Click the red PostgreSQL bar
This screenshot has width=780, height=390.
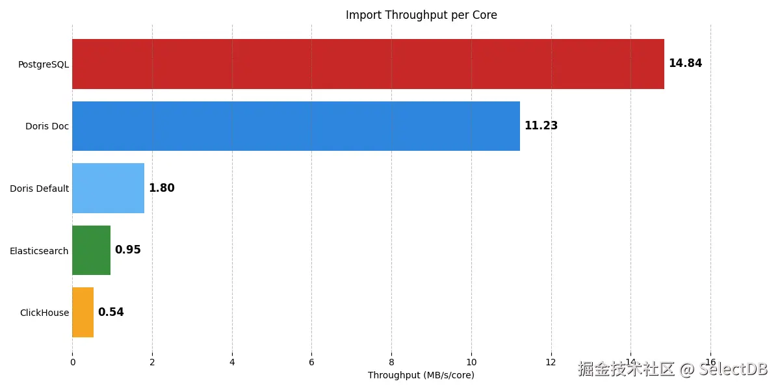pos(368,64)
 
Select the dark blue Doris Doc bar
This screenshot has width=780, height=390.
pos(296,126)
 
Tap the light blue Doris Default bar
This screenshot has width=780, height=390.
pos(109,188)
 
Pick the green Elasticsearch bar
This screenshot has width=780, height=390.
pos(91,250)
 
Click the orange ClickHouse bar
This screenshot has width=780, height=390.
pos(83,313)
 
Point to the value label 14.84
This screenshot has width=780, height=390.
pos(685,63)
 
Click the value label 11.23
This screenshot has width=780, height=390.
pos(541,125)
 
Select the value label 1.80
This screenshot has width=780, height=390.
pos(162,188)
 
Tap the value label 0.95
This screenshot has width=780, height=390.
pos(128,250)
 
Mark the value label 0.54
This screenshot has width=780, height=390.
pos(110,312)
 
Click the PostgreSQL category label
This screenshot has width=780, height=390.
pos(44,65)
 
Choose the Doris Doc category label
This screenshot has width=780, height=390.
pos(47,126)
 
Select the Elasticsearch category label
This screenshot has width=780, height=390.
pos(39,251)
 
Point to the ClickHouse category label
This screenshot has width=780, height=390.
pos(45,313)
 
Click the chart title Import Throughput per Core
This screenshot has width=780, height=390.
pos(421,15)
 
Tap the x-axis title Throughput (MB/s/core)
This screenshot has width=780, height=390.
pos(421,375)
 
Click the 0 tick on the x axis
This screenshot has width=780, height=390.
pos(73,362)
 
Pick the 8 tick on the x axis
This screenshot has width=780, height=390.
pos(391,362)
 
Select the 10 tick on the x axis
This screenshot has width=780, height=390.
pos(471,362)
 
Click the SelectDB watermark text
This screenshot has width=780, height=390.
pos(733,369)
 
